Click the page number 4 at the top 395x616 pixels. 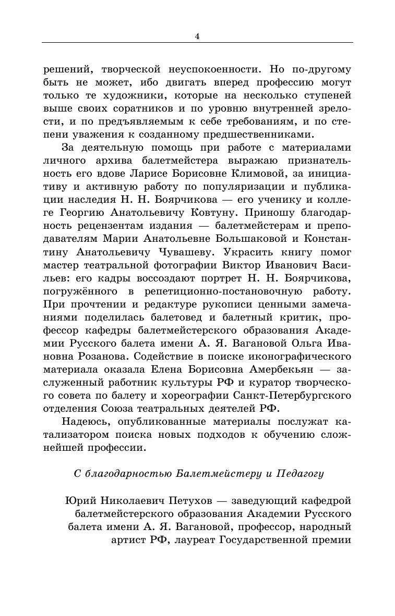pos(197,36)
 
